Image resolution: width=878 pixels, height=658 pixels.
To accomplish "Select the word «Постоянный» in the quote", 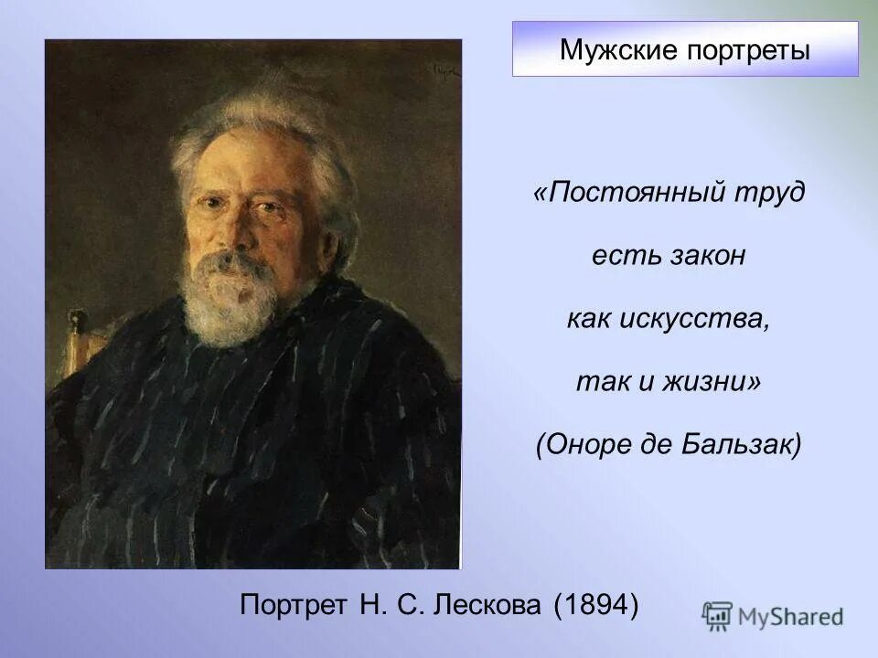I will click(x=628, y=194).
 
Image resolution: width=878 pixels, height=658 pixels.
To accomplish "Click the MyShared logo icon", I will click(x=718, y=616).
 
